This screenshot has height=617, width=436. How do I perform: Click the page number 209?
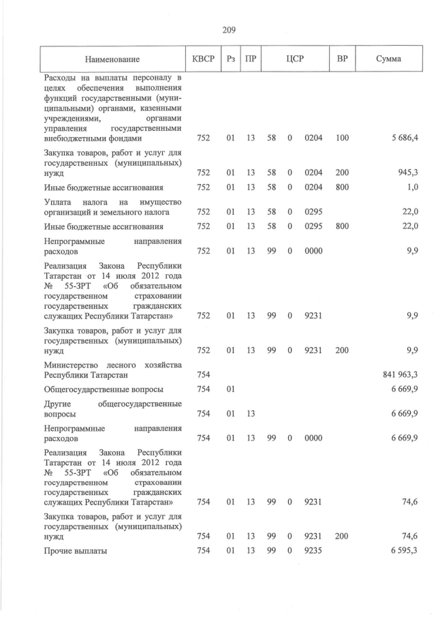(x=228, y=29)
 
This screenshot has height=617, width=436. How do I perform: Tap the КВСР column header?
(x=203, y=59)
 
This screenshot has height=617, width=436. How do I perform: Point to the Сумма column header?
(x=388, y=59)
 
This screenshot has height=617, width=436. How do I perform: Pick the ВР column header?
(x=342, y=59)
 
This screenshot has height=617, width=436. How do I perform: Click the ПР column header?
(x=251, y=59)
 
